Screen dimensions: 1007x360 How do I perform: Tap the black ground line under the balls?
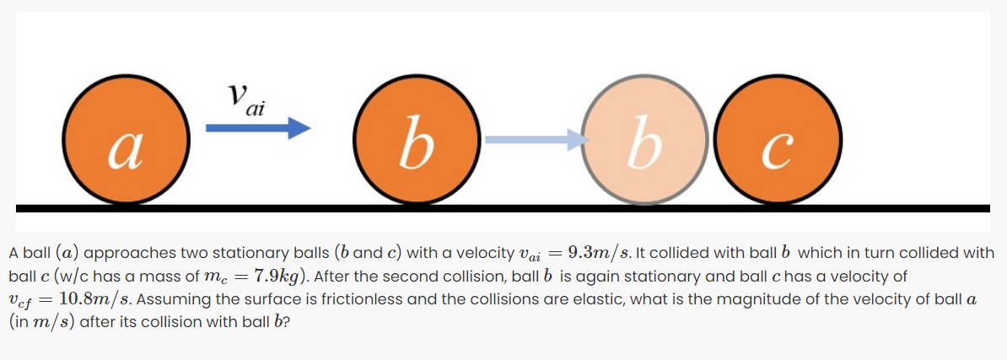click(503, 207)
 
